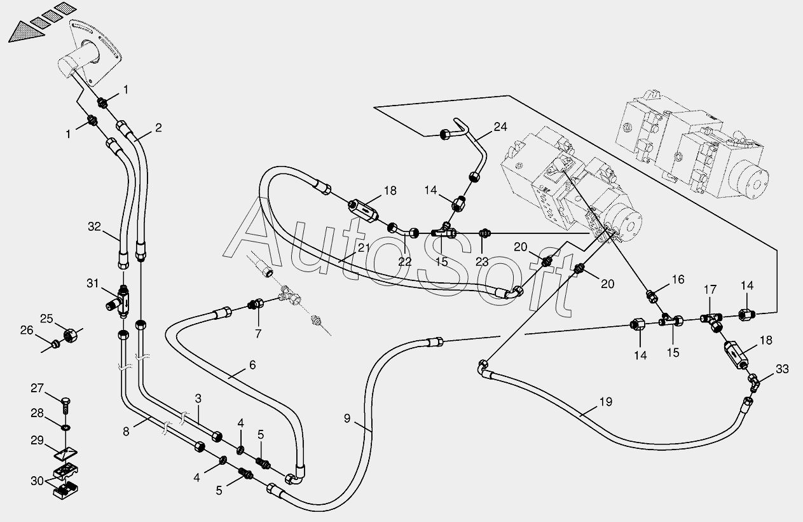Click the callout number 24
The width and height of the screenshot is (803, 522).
click(x=500, y=127)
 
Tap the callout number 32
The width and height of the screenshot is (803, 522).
click(x=95, y=226)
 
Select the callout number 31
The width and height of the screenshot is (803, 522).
click(x=92, y=284)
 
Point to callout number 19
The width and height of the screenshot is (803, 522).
click(x=606, y=402)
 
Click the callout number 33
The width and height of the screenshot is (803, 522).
click(x=782, y=369)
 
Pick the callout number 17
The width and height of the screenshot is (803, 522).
click(x=710, y=290)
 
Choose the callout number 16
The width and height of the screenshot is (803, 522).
click(x=678, y=279)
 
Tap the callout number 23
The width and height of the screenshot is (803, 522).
click(x=482, y=262)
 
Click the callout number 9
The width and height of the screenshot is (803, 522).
click(x=347, y=418)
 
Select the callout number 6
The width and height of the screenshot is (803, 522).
click(x=252, y=365)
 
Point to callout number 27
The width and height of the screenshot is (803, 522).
click(x=38, y=388)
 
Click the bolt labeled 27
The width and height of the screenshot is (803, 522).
click(x=66, y=406)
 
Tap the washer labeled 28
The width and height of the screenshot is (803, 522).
click(x=66, y=427)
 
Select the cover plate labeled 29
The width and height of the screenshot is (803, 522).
click(x=65, y=453)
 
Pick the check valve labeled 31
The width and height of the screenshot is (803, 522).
click(x=119, y=301)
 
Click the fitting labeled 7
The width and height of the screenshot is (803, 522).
click(x=256, y=305)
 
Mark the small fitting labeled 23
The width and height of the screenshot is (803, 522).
click(x=484, y=233)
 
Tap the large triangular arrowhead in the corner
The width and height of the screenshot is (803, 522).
click(x=26, y=32)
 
